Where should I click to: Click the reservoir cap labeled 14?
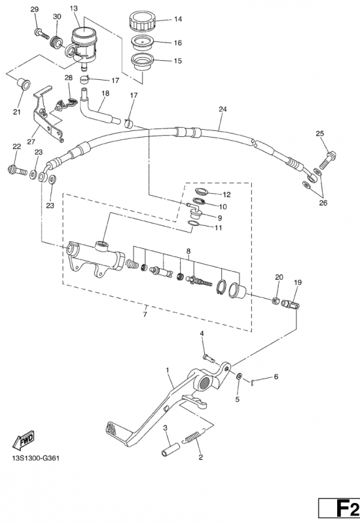click(x=143, y=21)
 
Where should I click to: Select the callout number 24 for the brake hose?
click(x=223, y=109)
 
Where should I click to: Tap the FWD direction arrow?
click(x=24, y=439)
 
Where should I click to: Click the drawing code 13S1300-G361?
click(x=36, y=458)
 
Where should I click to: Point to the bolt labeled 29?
click(x=41, y=33)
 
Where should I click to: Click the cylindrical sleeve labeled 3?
click(x=171, y=449)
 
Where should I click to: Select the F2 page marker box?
click(x=339, y=511)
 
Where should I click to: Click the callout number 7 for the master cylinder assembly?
click(x=145, y=314)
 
